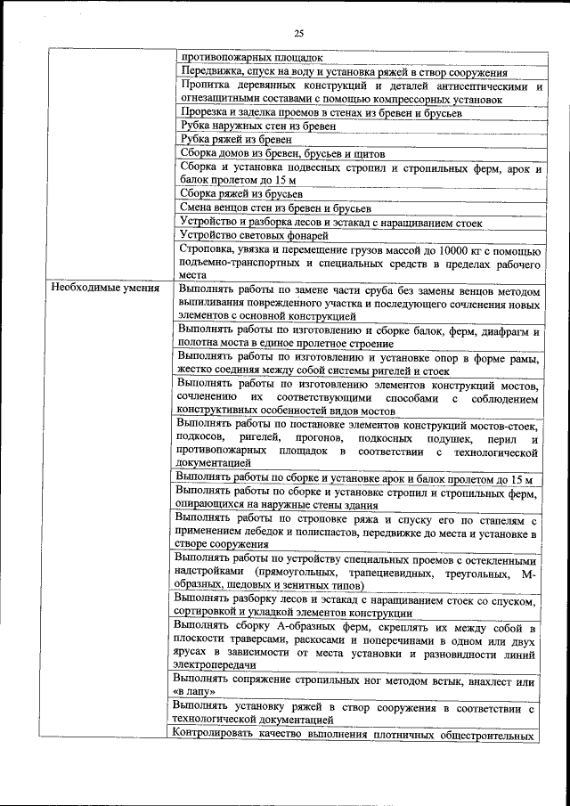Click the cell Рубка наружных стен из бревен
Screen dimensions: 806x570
click(257, 126)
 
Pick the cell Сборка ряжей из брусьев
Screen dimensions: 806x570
click(240, 192)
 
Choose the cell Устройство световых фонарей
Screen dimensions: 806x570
click(254, 235)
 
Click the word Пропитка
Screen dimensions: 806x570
click(205, 86)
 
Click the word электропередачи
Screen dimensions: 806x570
click(216, 664)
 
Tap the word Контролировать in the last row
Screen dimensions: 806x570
click(215, 735)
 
